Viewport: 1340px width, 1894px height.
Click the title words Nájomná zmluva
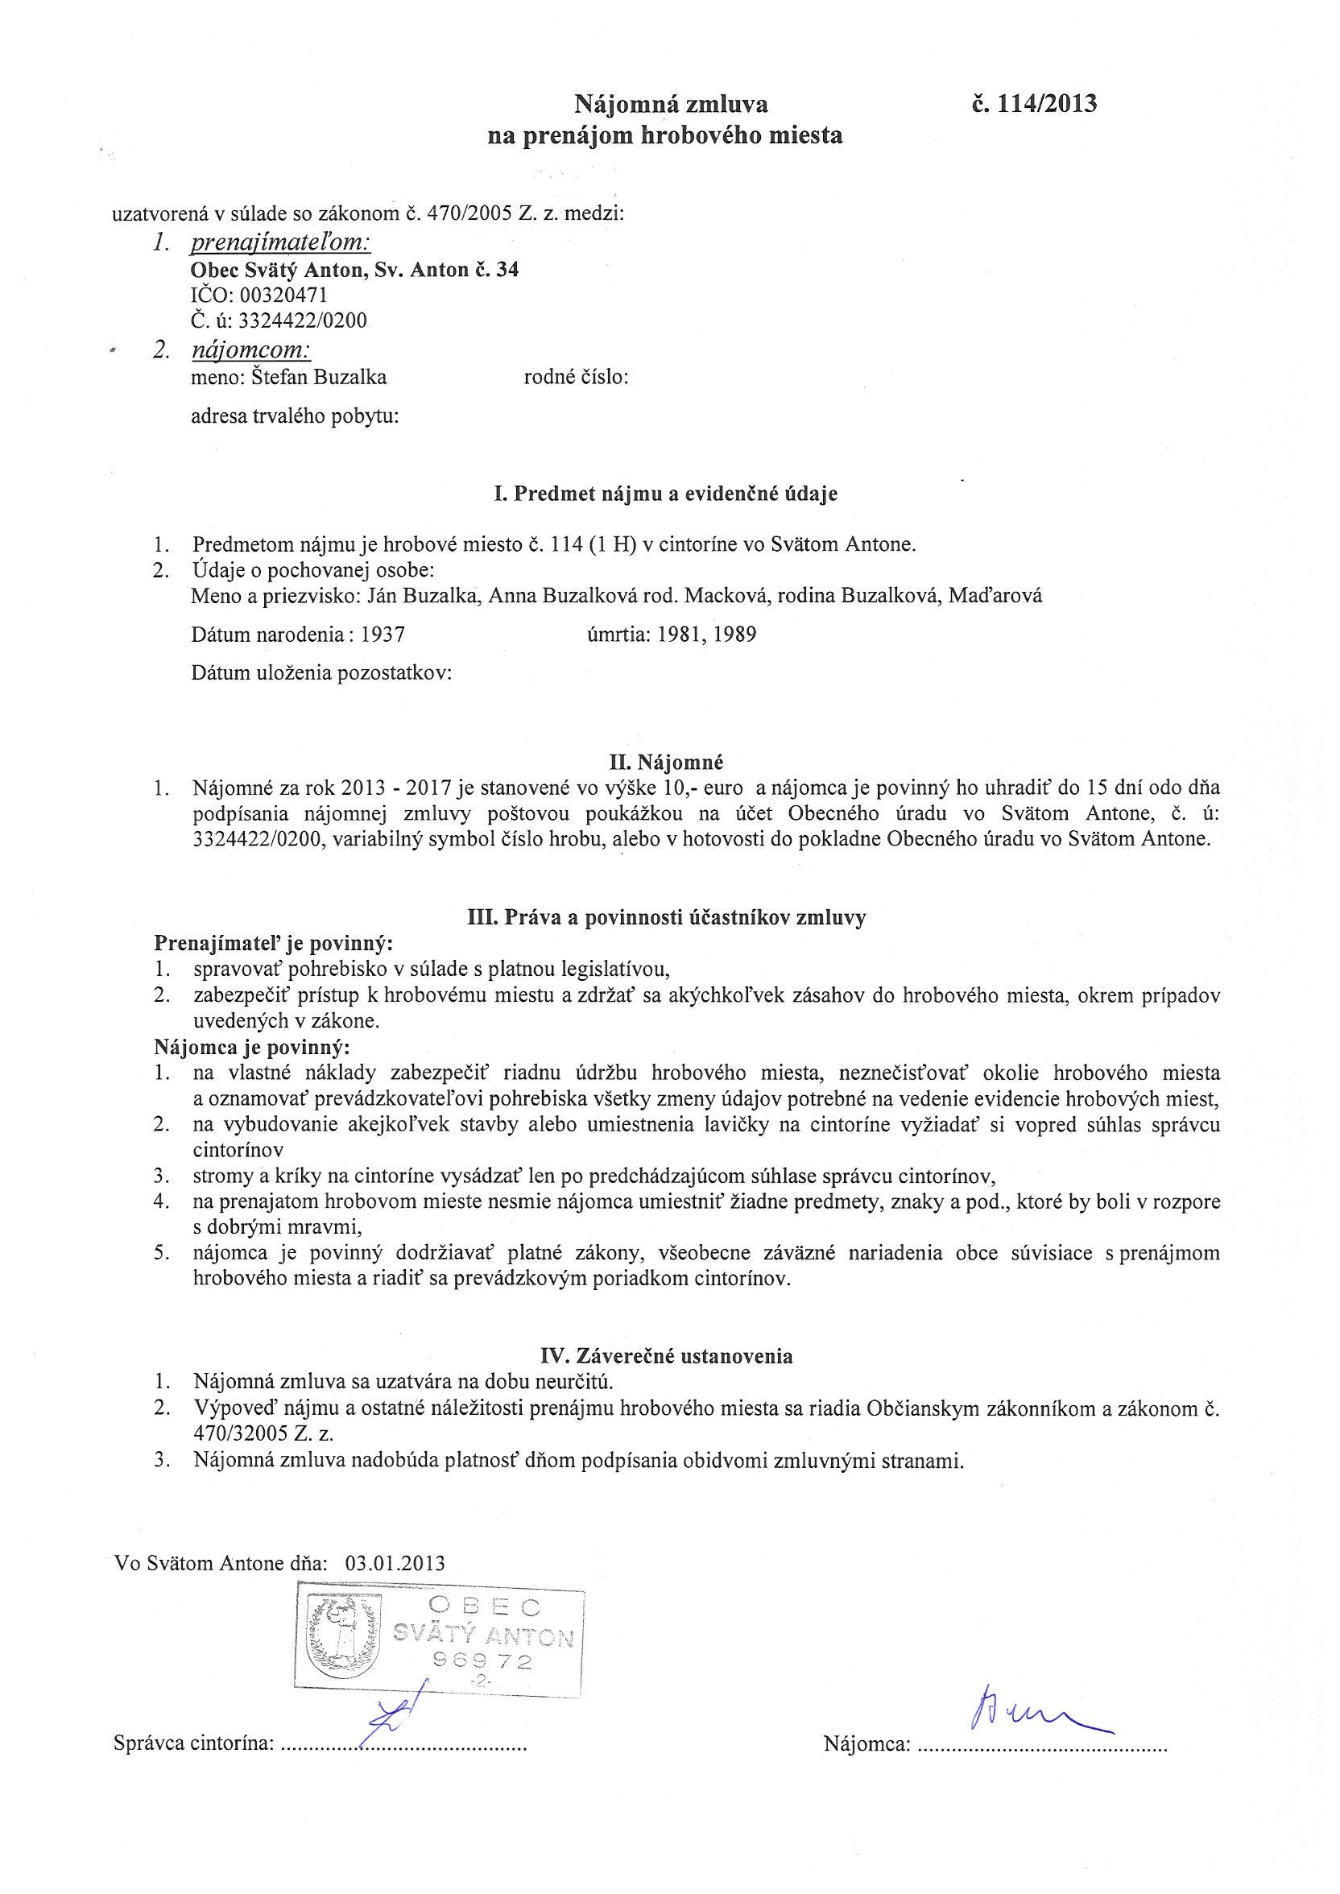point(670,104)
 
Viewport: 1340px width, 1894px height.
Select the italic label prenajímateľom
point(280,242)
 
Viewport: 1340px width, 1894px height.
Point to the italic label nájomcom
point(250,349)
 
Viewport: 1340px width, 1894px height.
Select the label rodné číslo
point(577,378)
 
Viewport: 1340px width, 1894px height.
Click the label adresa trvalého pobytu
point(295,416)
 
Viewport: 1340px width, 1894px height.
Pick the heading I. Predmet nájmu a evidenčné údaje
point(665,494)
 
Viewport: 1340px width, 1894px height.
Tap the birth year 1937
point(383,635)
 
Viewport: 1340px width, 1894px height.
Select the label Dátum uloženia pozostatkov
point(321,672)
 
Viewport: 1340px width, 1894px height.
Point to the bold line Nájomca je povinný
point(252,1048)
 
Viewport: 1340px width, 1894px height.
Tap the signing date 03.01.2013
point(395,1562)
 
